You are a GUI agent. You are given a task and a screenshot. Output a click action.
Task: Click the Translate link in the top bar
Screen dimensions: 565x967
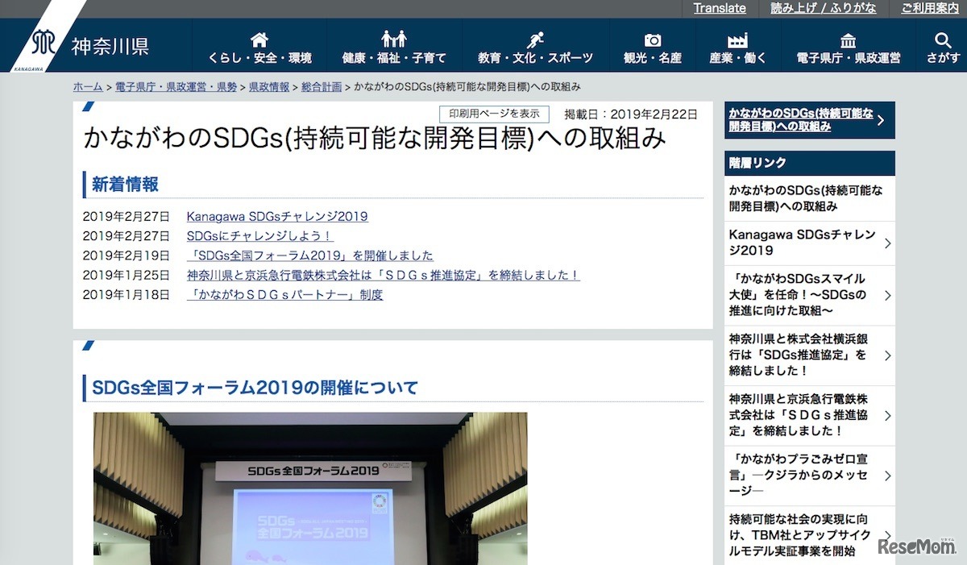tap(720, 8)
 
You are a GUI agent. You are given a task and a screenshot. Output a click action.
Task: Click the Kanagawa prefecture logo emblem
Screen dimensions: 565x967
tap(43, 43)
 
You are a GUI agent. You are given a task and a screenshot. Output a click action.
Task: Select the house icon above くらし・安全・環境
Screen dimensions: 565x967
tap(259, 39)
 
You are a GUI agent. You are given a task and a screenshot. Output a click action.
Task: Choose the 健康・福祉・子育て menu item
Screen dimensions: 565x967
tap(394, 58)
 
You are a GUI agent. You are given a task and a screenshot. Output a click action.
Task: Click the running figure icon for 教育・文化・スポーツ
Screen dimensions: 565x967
tap(535, 39)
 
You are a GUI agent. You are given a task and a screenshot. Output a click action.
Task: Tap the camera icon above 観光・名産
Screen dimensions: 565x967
tap(653, 39)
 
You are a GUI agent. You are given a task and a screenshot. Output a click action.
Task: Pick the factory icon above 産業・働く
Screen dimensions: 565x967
tap(737, 39)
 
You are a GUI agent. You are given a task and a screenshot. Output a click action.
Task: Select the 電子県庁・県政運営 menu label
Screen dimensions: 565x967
tap(849, 58)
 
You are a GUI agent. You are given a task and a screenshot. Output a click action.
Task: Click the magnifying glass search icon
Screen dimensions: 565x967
tap(943, 39)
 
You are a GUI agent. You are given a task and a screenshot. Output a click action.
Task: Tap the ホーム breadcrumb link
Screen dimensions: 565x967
tap(87, 87)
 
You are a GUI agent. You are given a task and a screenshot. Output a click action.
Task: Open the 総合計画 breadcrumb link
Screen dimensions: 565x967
tap(322, 87)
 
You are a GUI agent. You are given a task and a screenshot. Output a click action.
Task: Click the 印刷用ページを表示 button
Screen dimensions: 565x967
tap(494, 114)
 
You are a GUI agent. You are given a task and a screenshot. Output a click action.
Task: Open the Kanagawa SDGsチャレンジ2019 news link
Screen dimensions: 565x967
tap(277, 216)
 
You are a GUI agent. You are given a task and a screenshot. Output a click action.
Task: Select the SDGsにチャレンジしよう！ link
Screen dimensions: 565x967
tap(259, 236)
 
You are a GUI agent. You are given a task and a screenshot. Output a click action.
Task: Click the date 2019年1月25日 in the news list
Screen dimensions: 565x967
tap(127, 275)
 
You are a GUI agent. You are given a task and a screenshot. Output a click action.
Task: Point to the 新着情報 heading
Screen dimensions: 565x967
tap(125, 185)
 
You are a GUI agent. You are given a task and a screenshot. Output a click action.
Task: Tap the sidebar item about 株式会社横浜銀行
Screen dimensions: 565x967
tap(798, 355)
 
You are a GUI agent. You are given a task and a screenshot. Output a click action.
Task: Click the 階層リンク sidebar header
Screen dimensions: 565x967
tap(758, 163)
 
